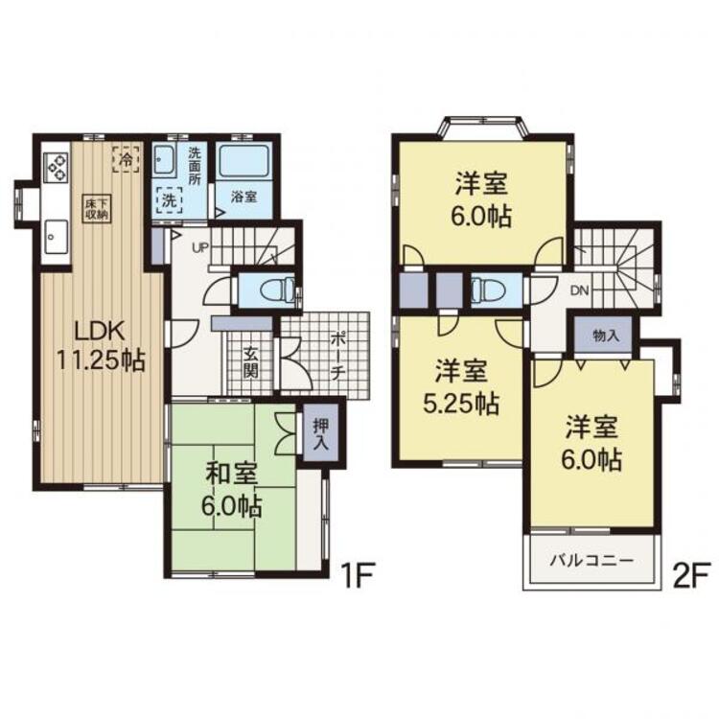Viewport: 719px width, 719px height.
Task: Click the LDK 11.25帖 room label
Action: click(x=101, y=345)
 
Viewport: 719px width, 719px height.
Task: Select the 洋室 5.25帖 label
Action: click(x=461, y=387)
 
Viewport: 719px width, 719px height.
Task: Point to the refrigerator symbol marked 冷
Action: click(x=126, y=158)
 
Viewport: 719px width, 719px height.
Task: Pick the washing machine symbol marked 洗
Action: click(x=169, y=200)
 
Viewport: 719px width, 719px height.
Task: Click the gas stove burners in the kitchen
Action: click(x=56, y=168)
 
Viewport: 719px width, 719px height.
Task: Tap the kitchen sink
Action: click(x=56, y=236)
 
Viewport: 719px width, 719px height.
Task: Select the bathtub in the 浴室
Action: click(x=244, y=161)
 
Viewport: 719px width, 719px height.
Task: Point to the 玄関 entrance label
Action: click(x=250, y=362)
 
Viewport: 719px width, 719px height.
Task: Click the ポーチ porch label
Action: click(x=337, y=357)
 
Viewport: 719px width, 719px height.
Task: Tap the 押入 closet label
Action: click(x=320, y=432)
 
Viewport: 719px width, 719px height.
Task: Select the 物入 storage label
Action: click(x=605, y=336)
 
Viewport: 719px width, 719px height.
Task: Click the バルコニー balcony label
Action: click(x=591, y=561)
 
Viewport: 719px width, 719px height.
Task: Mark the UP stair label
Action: click(x=200, y=248)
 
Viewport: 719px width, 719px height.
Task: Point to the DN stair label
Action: click(x=580, y=290)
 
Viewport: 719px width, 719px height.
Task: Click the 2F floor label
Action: click(x=691, y=574)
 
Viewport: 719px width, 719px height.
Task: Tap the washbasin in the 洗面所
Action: click(x=163, y=160)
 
